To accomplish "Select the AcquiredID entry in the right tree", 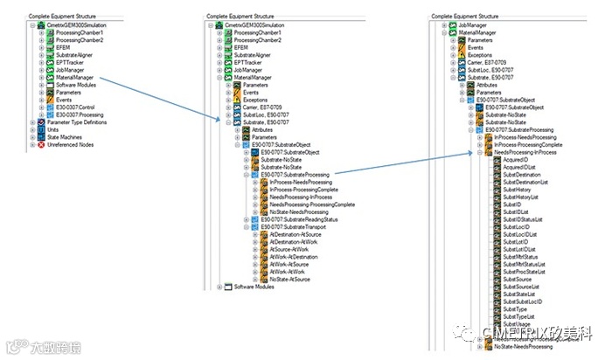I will point(515,160).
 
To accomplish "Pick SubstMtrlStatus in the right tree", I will point(521,257).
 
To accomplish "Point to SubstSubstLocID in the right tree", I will point(522,301).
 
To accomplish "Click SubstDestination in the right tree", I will point(521,175).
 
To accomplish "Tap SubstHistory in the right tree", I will point(518,190).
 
